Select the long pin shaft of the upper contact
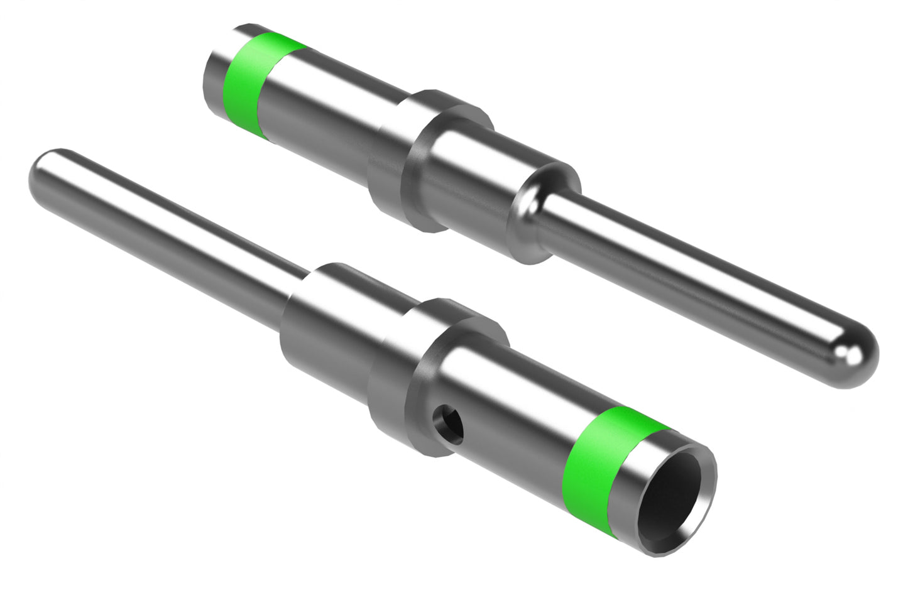pyautogui.click(x=691, y=283)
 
